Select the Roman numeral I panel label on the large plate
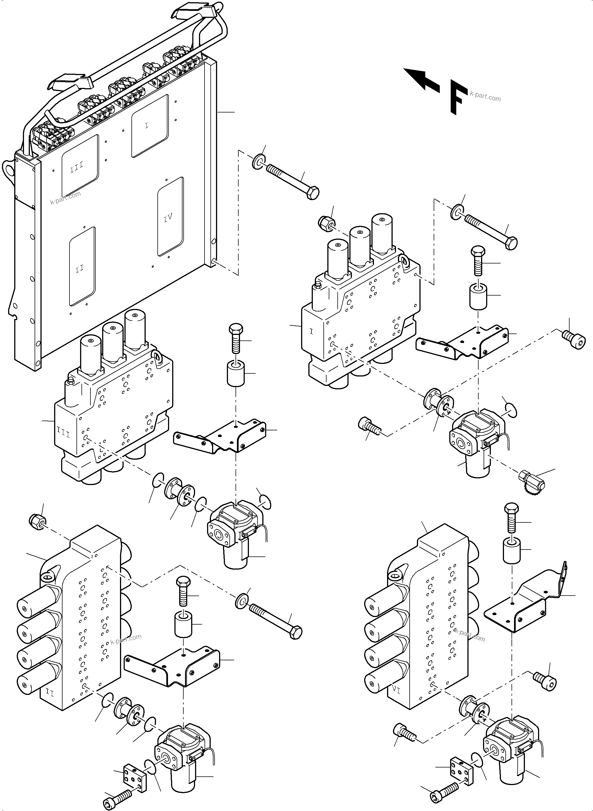(x=147, y=125)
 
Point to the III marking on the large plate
(x=76, y=167)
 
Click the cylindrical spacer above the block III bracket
(x=235, y=374)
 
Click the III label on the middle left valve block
(x=64, y=434)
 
